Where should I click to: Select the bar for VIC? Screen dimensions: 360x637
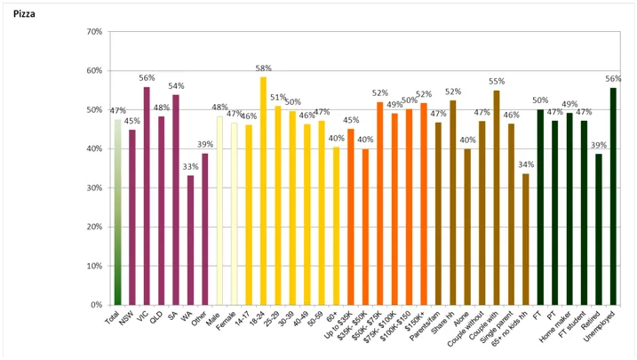(147, 196)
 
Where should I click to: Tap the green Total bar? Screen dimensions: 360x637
(117, 213)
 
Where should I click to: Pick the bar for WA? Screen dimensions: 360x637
(190, 240)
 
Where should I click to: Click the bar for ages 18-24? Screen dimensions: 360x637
(263, 191)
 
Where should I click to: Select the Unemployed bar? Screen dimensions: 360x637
(613, 196)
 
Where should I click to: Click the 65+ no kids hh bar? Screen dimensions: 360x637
(525, 239)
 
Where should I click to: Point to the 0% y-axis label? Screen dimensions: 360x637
(94, 305)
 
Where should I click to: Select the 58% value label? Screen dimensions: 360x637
(263, 68)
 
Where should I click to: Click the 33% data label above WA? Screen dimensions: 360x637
(190, 166)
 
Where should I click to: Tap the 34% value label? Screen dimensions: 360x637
(525, 164)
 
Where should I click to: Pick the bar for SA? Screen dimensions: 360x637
(176, 200)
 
